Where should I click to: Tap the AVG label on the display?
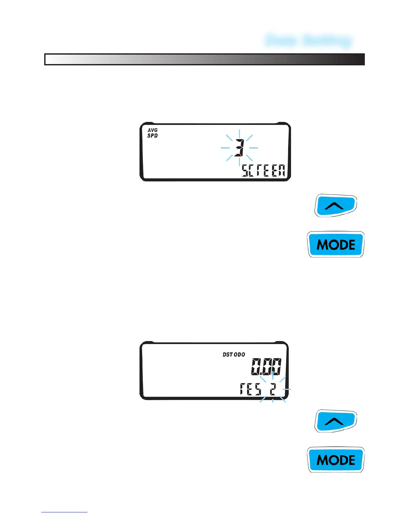pos(153,130)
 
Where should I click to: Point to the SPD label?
pos(153,136)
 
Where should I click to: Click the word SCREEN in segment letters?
pos(264,171)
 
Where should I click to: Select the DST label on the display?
pos(228,354)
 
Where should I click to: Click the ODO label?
pos(239,354)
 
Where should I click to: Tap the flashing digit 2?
pos(273,389)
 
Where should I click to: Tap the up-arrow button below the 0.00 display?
pos(336,421)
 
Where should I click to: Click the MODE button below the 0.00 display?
pos(336,460)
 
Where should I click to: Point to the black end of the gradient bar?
pos(358,59)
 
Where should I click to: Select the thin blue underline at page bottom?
pos(64,512)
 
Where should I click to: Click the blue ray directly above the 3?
pos(239,134)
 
